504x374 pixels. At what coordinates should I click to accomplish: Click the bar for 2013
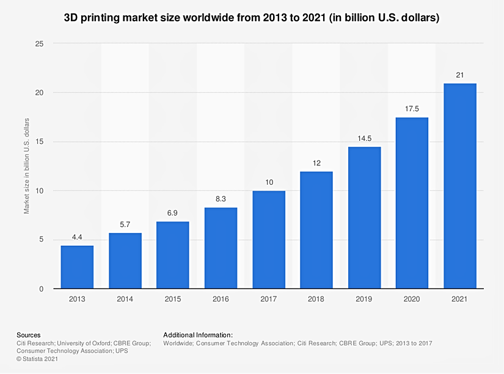point(77,267)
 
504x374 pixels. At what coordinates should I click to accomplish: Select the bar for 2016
point(221,248)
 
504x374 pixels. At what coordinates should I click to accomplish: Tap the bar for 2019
point(365,217)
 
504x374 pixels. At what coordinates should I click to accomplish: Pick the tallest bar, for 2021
point(460,185)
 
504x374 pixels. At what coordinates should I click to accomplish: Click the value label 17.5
point(412,109)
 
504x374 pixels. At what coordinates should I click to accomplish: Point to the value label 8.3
point(221,199)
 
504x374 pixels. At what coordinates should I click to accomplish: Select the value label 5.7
point(125,224)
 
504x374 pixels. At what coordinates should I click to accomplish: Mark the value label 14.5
point(365,138)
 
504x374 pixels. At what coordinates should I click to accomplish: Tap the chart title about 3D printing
point(252,18)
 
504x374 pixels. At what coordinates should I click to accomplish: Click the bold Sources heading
point(29,335)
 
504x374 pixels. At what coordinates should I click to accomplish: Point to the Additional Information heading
point(198,335)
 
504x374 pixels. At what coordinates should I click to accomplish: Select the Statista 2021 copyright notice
point(38,359)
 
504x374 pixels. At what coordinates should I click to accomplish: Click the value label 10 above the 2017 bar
point(269,182)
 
